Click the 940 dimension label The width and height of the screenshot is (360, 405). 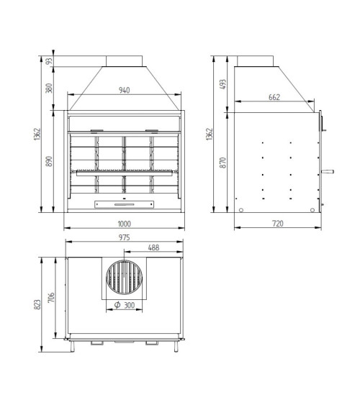tap(124, 91)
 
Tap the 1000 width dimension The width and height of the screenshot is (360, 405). tap(125, 224)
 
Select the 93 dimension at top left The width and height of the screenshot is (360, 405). tap(49, 61)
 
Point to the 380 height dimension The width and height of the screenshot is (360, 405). tap(49, 88)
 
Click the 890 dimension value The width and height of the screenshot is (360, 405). tap(49, 161)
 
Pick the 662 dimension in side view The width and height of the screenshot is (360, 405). tap(274, 97)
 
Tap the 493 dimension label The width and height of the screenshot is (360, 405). tap(222, 84)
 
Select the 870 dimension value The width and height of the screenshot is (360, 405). tap(222, 163)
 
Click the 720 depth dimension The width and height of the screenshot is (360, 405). tap(278, 224)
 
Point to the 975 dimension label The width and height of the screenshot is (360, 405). tap(125, 237)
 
